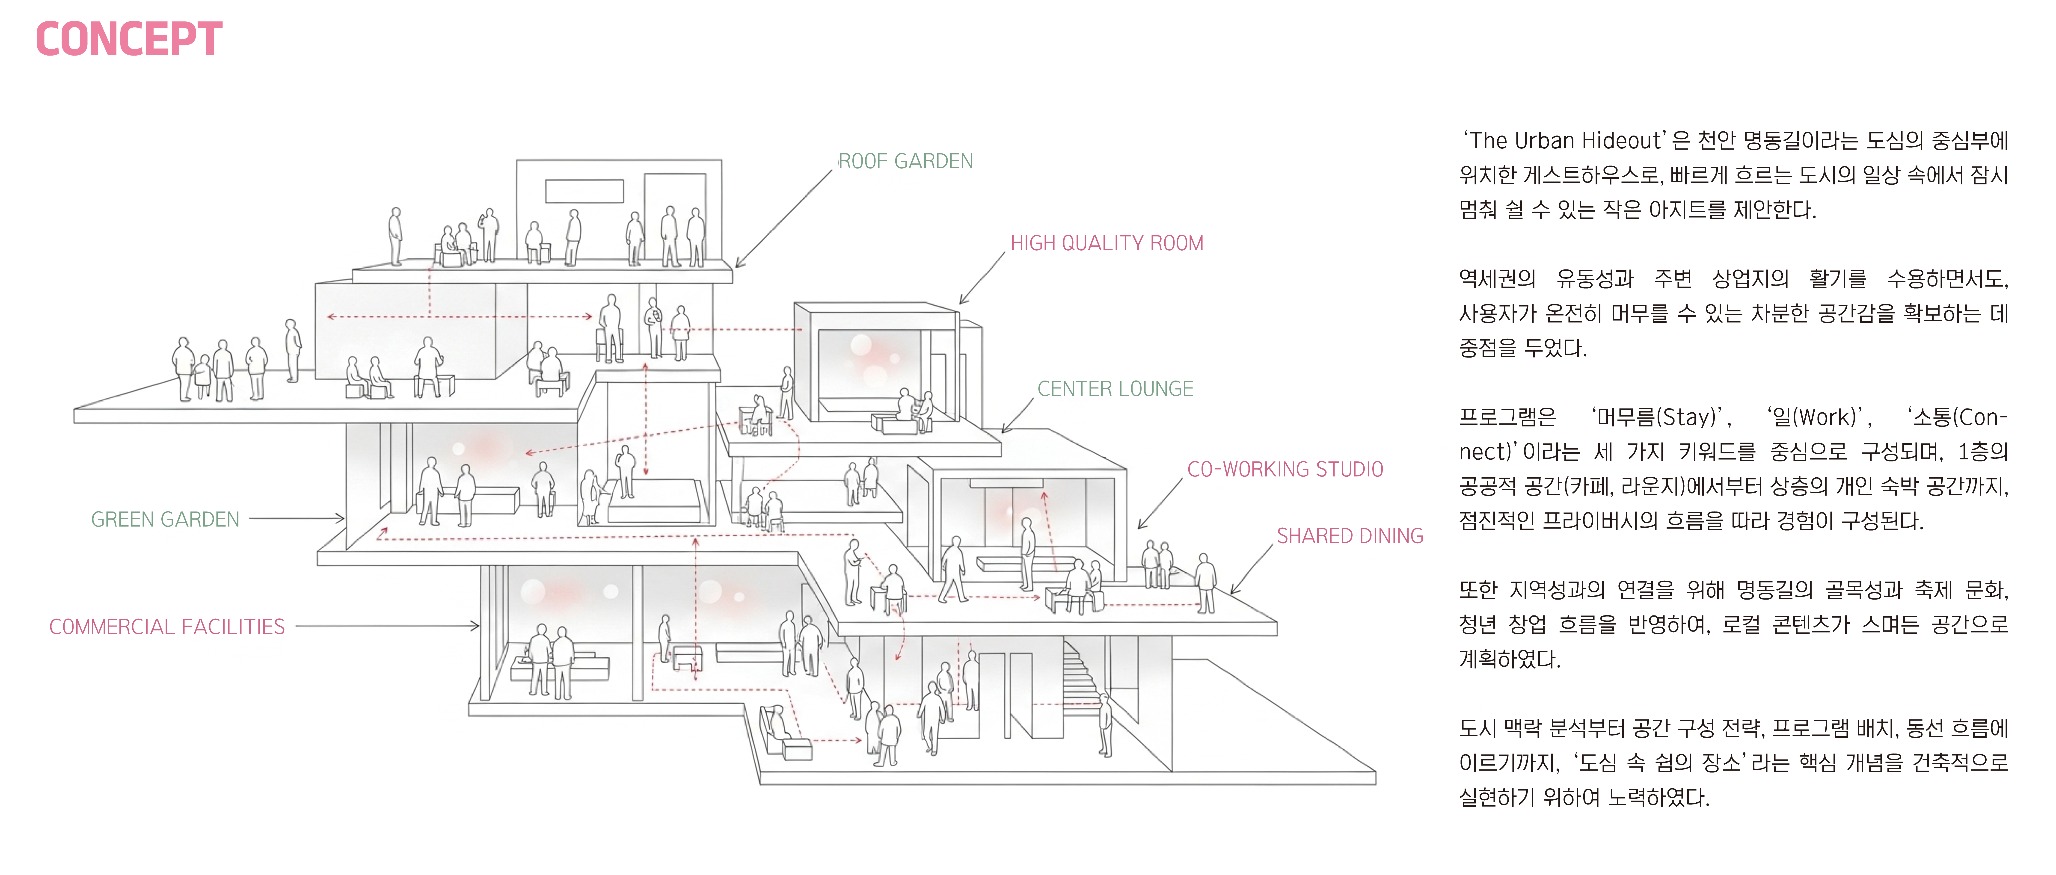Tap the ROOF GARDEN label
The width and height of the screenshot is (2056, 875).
point(905,161)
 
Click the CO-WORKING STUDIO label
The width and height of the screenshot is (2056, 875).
point(1285,469)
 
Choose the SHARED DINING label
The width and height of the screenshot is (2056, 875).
point(1350,536)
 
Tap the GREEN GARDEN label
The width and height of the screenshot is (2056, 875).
point(165,519)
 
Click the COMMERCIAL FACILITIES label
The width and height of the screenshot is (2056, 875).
point(167,627)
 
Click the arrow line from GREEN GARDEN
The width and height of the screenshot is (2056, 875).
point(297,518)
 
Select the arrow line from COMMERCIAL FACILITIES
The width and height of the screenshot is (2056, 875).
point(387,626)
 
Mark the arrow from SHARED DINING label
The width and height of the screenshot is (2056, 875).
point(1251,570)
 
